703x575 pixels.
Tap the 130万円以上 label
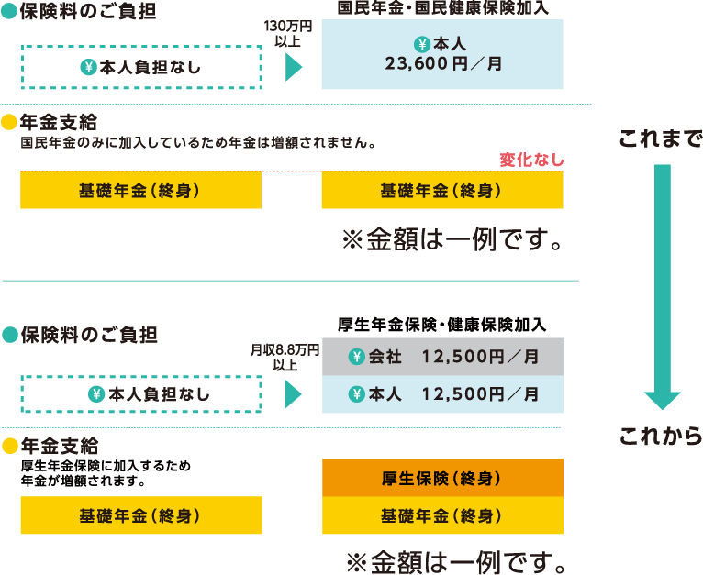pos(288,34)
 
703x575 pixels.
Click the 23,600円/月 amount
pos(442,65)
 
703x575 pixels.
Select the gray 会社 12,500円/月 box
pos(441,358)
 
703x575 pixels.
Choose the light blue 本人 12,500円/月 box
pos(441,393)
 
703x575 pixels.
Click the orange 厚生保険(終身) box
pos(441,478)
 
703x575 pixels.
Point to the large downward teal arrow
pos(661,284)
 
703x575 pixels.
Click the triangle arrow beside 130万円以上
pos(294,67)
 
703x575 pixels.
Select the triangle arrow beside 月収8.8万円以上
pos(294,394)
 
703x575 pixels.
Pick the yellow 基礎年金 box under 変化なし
pos(441,190)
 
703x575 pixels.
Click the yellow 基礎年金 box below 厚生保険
pos(441,515)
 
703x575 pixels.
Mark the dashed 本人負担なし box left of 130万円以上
pos(141,67)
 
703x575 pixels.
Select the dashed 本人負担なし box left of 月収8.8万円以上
pos(141,394)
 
